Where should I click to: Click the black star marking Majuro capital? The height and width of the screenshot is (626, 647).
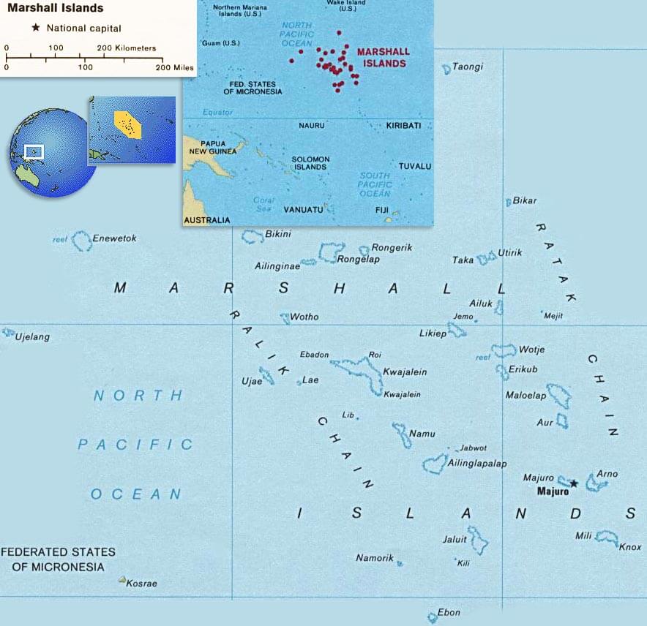(574, 483)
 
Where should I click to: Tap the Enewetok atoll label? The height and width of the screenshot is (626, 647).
(114, 238)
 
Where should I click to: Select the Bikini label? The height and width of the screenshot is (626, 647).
(278, 234)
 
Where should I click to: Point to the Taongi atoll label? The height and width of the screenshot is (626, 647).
(468, 67)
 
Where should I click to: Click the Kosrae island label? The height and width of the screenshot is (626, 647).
(141, 584)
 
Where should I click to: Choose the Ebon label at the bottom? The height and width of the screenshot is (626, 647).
(449, 612)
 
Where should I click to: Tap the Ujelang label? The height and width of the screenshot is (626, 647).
(34, 337)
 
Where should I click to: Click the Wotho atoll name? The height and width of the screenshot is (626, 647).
(304, 317)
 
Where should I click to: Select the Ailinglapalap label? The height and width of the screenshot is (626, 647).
(478, 464)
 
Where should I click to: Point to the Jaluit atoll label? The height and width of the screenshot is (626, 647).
(455, 539)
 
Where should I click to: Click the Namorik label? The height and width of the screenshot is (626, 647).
(375, 558)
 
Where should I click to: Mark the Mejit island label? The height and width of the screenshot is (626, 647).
(554, 316)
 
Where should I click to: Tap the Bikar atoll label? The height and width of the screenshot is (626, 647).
(525, 200)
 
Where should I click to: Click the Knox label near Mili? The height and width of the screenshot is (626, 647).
(630, 547)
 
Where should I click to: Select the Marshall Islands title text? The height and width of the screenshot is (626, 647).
(56, 9)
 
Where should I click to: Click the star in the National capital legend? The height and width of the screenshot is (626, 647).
(34, 28)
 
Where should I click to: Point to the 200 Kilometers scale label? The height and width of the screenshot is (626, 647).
(127, 48)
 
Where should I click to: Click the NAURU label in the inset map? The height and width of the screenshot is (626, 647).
(312, 126)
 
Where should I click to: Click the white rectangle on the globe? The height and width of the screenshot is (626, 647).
(34, 151)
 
